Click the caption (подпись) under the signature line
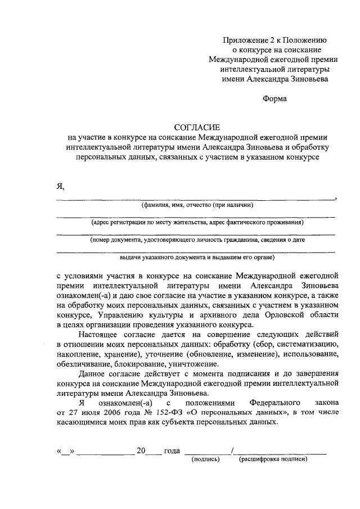(205, 459)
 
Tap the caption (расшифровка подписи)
(274, 459)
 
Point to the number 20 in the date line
(141, 451)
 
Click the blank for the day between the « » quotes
(67, 451)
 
